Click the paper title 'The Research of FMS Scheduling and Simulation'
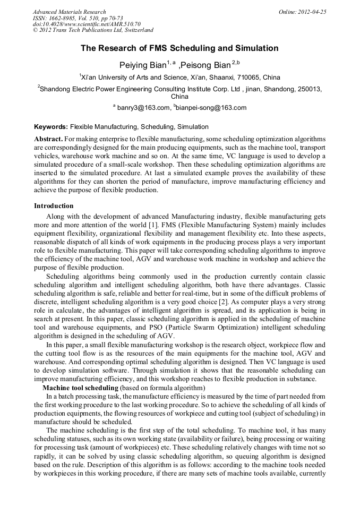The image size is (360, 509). (x=179, y=48)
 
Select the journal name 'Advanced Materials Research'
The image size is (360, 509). (x=69, y=12)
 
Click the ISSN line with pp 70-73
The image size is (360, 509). (x=78, y=18)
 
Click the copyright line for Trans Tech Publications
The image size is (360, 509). (x=93, y=31)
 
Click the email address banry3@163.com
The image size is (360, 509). (x=142, y=108)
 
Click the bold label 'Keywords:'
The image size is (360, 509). (x=51, y=127)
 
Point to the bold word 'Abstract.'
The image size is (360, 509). (x=49, y=139)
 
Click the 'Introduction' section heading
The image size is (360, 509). (x=54, y=206)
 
